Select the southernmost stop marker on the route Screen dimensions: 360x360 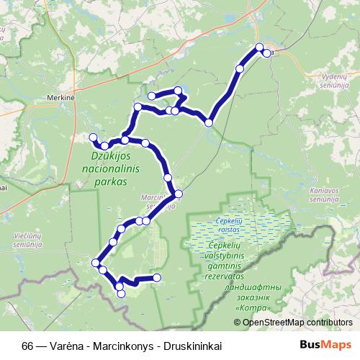point(120,292)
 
